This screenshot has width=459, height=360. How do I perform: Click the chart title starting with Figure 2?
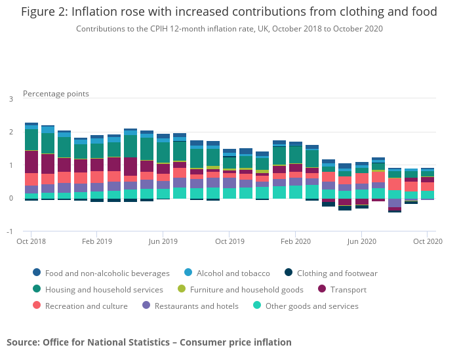pyautogui.click(x=229, y=12)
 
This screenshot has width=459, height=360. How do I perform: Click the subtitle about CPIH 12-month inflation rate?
pyautogui.click(x=229, y=29)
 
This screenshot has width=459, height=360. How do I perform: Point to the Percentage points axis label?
pyautogui.click(x=56, y=94)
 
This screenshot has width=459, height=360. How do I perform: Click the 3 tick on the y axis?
pyautogui.click(x=10, y=99)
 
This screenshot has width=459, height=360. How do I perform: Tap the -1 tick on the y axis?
pyautogui.click(x=9, y=231)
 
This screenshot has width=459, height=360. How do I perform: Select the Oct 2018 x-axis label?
pyautogui.click(x=30, y=242)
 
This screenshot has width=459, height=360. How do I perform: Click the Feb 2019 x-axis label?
pyautogui.click(x=97, y=242)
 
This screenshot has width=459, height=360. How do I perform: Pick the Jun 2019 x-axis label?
pyautogui.click(x=163, y=242)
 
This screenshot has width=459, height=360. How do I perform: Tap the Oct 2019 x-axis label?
pyautogui.click(x=229, y=242)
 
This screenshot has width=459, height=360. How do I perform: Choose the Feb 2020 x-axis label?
pyautogui.click(x=296, y=242)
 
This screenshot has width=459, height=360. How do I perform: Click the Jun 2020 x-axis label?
pyautogui.click(x=361, y=242)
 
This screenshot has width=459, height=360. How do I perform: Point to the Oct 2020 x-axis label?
pyautogui.click(x=428, y=242)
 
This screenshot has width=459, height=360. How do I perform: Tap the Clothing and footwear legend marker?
pyautogui.click(x=288, y=273)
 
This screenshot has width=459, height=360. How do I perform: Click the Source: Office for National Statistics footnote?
pyautogui.click(x=149, y=342)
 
